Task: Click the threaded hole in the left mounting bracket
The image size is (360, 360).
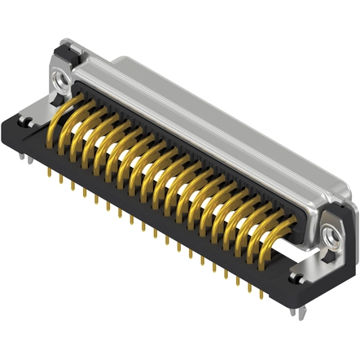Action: click(59, 79)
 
